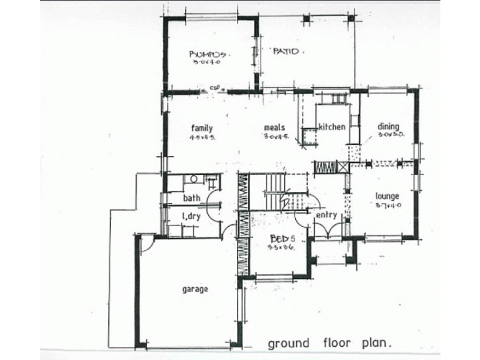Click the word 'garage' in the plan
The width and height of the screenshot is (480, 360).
196,289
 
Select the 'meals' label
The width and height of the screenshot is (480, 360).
274,127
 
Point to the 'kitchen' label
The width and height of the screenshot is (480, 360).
331,127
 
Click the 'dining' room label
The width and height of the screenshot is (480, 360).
389,127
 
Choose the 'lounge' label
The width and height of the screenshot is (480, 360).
387,196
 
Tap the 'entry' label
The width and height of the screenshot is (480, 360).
325,215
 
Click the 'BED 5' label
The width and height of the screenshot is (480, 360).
281,238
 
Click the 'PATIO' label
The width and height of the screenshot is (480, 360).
286,52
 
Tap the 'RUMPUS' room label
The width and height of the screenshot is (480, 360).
206,52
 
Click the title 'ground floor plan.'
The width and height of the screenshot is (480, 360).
329,344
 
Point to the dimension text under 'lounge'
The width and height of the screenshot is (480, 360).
387,205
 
